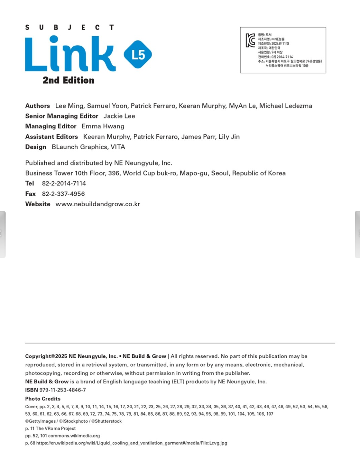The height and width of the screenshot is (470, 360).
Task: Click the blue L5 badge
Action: (138, 55)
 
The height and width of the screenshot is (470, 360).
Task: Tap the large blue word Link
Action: (70, 54)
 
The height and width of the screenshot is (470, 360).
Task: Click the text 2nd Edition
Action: (68, 80)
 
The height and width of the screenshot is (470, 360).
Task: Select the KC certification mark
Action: (251, 40)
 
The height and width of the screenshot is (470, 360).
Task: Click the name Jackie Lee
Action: (119, 116)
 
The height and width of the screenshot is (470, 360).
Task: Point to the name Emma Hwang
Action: (103, 126)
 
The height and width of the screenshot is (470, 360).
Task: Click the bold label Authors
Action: (38, 106)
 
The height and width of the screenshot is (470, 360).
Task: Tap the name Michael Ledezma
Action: (285, 106)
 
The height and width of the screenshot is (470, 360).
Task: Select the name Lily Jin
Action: (229, 137)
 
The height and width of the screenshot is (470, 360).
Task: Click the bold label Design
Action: (36, 147)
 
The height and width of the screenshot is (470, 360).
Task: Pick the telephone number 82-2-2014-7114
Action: (64, 183)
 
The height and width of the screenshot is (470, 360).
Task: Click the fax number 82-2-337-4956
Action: (63, 194)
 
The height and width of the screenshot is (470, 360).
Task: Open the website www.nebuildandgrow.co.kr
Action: (98, 204)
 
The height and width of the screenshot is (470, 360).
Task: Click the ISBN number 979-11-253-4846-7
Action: (62, 390)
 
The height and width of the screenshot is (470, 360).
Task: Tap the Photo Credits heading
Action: (43, 399)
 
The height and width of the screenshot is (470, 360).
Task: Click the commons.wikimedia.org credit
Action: (74, 436)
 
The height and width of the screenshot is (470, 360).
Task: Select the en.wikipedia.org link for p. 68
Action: (132, 443)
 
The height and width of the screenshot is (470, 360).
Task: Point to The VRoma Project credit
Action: (55, 428)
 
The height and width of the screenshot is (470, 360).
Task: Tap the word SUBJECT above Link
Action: (69, 27)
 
